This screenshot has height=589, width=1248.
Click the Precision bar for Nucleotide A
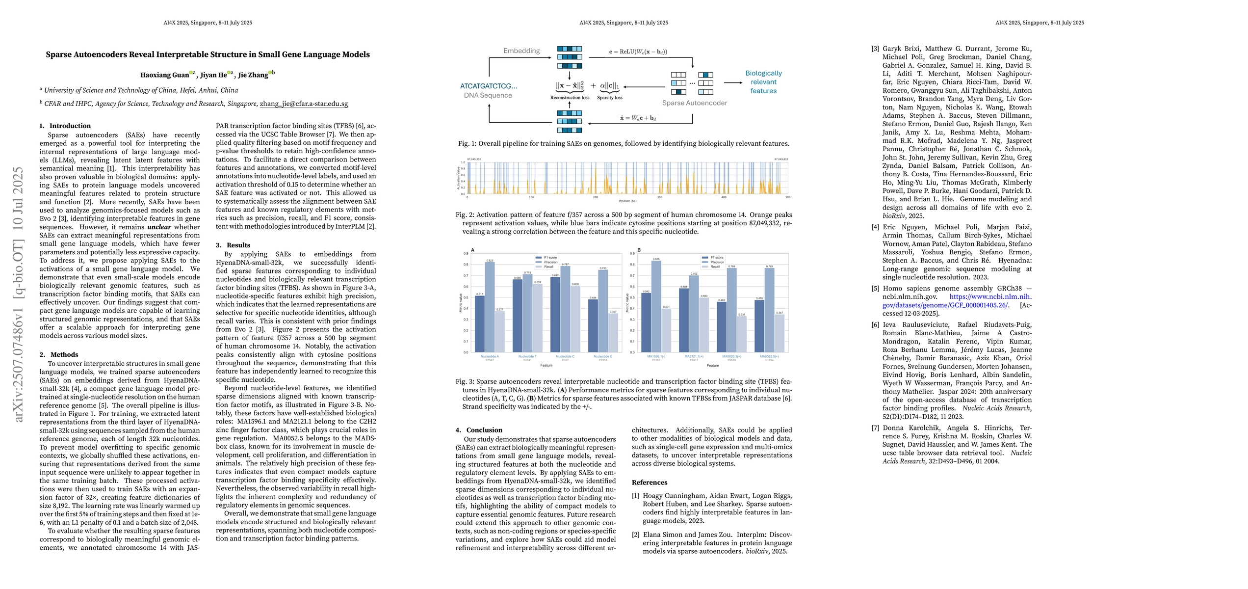pos(490,307)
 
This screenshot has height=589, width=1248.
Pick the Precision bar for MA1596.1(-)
pos(656,306)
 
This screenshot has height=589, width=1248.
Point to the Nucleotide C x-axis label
pos(565,356)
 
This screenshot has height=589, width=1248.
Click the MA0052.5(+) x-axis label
pos(769,356)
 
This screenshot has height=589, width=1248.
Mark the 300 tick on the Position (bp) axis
pos(660,197)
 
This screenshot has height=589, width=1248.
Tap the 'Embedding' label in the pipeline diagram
pos(521,51)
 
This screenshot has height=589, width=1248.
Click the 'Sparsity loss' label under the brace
pos(609,98)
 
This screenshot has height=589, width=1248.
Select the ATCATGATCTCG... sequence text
pos(489,86)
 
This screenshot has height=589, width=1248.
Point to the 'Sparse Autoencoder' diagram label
pos(695,103)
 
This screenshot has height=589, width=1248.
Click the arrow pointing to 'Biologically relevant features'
pos(733,82)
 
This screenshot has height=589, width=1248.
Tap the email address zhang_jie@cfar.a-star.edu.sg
pos(304,104)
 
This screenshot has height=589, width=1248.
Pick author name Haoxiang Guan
pos(164,75)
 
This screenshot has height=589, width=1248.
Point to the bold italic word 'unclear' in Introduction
pos(159,227)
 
